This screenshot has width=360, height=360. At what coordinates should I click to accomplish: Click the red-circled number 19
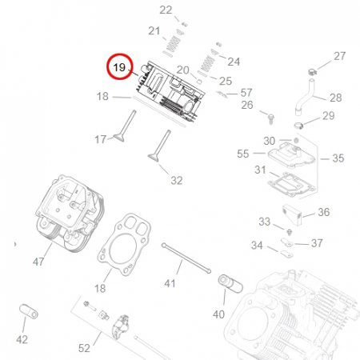(119, 67)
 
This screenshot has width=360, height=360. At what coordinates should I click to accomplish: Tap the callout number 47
(38, 262)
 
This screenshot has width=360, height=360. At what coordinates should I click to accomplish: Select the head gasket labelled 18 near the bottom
(124, 245)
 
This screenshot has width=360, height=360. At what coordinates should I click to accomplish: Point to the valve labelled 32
(159, 146)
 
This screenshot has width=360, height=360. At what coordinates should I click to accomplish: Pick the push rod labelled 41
(186, 258)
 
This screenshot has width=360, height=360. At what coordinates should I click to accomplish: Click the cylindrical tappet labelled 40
(230, 283)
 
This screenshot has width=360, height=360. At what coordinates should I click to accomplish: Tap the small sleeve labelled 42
(29, 311)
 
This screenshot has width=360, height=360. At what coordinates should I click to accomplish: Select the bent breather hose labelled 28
(304, 98)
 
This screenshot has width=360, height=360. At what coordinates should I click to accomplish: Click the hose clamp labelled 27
(312, 72)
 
